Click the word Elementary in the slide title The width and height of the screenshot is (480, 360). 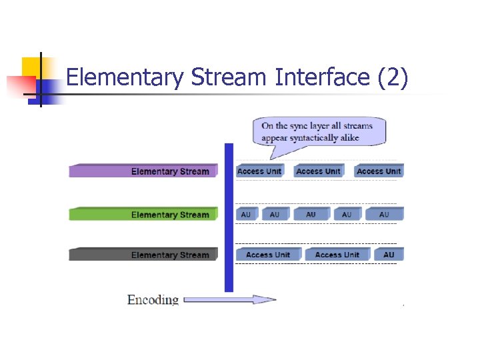(x=125, y=78)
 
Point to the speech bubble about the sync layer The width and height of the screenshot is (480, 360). (x=318, y=131)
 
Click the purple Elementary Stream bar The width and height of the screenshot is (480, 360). (x=143, y=171)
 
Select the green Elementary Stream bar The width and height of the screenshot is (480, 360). (x=143, y=215)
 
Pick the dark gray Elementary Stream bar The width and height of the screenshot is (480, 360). (x=143, y=255)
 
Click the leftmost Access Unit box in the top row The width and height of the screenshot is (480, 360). (x=260, y=171)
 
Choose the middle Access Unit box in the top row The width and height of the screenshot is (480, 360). (x=318, y=171)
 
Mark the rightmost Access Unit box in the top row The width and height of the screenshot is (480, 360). (x=379, y=171)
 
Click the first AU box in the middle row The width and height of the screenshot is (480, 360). (x=246, y=215)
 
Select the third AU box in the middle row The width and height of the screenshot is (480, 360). (x=311, y=215)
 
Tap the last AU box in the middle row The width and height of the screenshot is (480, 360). (x=384, y=215)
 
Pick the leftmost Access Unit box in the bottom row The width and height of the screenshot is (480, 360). (x=268, y=255)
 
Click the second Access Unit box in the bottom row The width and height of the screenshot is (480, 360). (x=337, y=255)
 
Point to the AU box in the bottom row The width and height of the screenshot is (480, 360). (x=389, y=255)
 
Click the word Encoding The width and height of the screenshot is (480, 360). (x=153, y=300)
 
